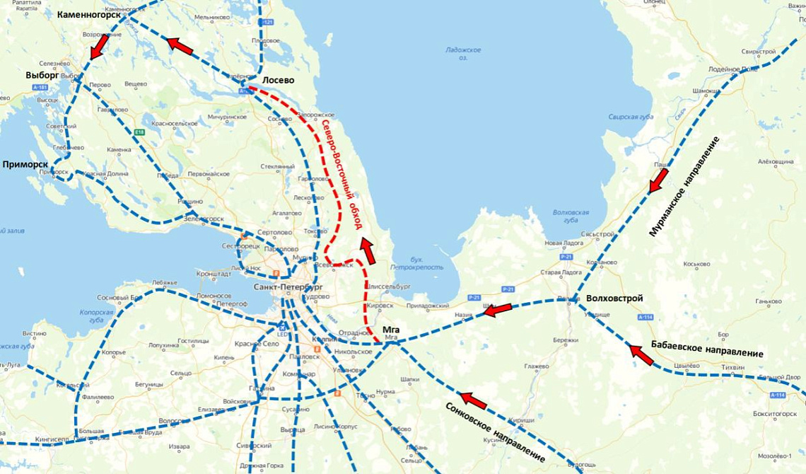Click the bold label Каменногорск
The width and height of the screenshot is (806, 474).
click(x=88, y=14)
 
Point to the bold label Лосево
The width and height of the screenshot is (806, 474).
click(x=278, y=81)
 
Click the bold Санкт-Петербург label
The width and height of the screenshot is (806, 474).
click(x=288, y=287)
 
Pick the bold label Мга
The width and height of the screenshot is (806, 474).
click(x=390, y=330)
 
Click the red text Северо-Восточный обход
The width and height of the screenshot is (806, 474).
click(x=341, y=173)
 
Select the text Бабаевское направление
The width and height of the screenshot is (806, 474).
click(x=711, y=347)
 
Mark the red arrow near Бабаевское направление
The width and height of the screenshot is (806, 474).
click(x=641, y=354)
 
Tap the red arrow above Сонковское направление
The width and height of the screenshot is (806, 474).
click(x=474, y=401)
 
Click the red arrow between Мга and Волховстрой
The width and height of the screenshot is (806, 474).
click(x=497, y=310)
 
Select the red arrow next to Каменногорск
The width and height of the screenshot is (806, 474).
click(x=98, y=47)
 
